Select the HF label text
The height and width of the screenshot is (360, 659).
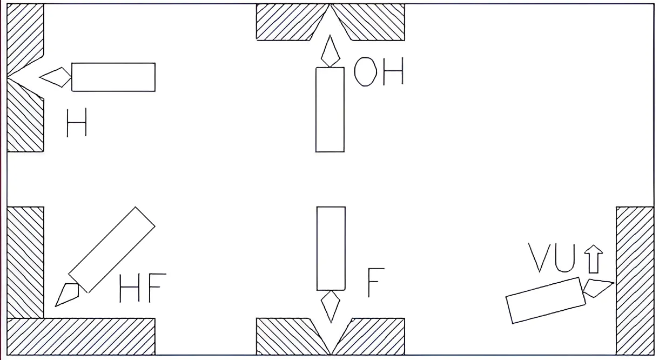click(142, 288)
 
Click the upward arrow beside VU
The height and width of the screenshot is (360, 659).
click(594, 258)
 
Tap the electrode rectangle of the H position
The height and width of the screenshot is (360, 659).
click(113, 77)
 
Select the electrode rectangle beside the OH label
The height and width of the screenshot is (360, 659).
click(329, 109)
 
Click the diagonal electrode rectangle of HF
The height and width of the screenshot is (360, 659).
click(112, 249)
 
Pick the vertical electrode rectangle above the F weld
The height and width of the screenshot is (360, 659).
click(331, 249)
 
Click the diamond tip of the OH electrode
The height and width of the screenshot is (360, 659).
click(330, 52)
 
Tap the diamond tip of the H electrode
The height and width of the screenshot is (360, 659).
click(56, 77)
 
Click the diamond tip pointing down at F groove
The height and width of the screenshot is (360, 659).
click(331, 306)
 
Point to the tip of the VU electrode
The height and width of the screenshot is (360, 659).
click(597, 287)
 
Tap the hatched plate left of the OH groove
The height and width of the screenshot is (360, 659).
click(286, 22)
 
